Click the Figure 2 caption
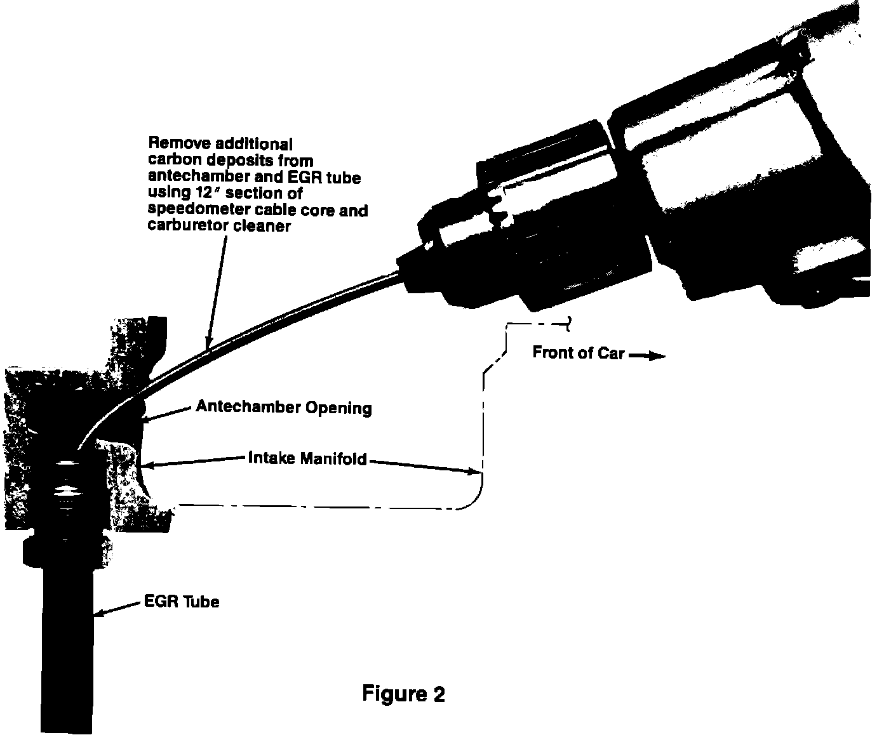(x=403, y=693)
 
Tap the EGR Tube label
(x=182, y=601)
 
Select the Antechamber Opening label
(x=284, y=406)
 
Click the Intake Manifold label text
(x=307, y=458)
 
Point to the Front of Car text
(x=579, y=353)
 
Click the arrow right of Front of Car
(x=647, y=357)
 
